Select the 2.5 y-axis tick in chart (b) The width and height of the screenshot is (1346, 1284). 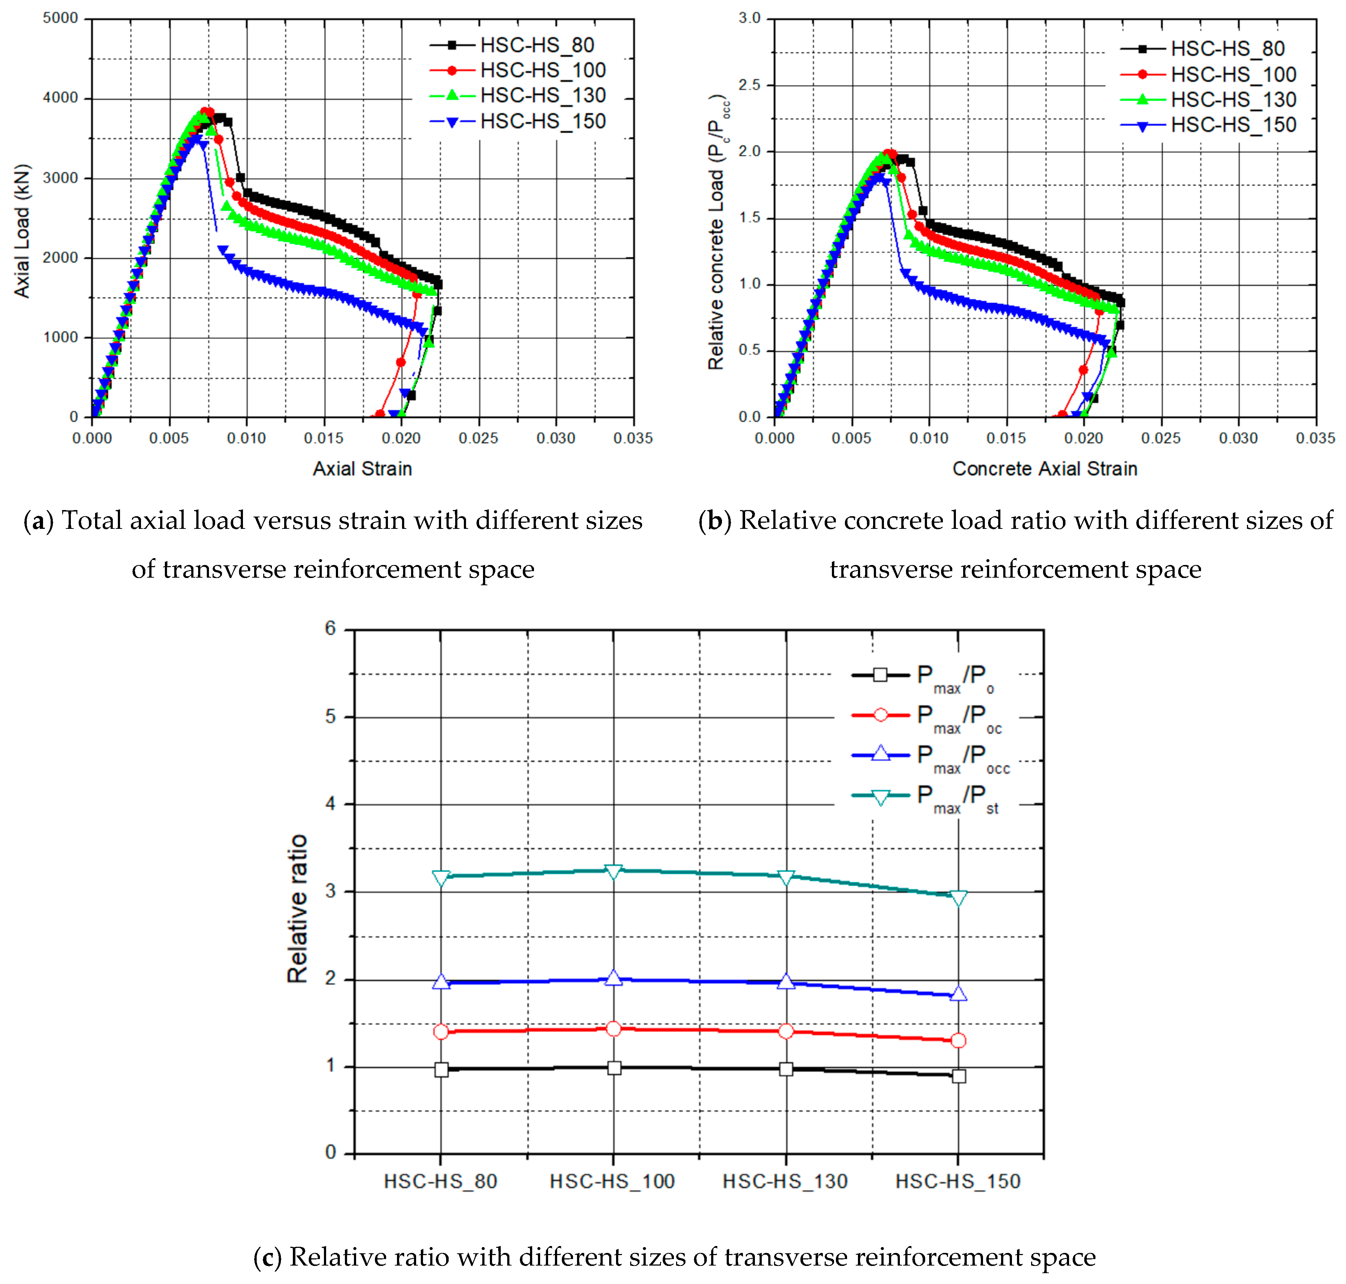750,85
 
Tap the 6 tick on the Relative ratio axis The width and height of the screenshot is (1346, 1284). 331,628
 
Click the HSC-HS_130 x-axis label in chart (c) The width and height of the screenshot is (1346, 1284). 785,1181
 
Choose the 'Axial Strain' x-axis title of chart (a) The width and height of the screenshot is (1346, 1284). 362,469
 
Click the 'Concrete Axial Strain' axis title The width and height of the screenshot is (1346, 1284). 1045,469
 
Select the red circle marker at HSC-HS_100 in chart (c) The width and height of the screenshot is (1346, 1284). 614,1029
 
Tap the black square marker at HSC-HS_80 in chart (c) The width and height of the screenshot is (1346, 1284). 441,1069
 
